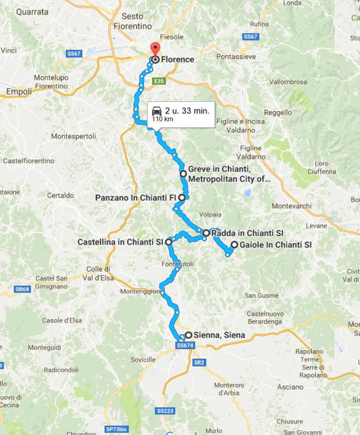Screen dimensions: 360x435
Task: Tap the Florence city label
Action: click(178, 59)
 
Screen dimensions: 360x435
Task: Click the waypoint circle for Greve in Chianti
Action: click(183, 173)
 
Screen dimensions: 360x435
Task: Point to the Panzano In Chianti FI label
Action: click(135, 197)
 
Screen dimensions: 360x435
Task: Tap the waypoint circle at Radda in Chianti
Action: click(206, 233)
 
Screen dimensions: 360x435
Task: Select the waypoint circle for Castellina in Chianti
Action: click(169, 242)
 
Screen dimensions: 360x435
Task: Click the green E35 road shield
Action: click(159, 81)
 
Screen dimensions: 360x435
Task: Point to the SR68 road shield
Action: click(22, 289)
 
